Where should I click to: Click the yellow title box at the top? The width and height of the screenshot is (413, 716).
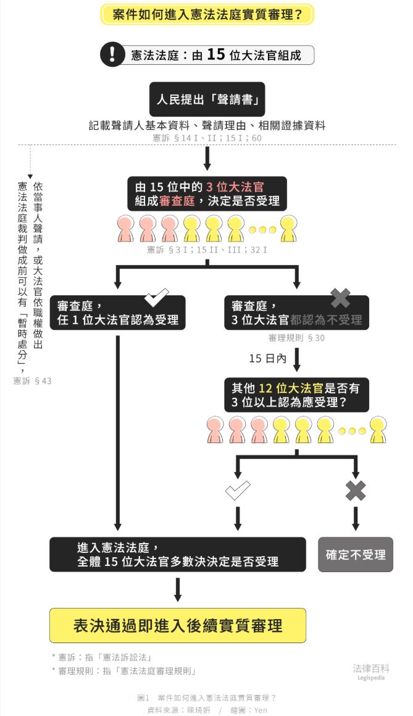coord(207,15)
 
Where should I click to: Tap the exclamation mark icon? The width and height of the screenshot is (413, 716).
coord(112,54)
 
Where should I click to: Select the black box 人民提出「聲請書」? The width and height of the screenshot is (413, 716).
coord(207,99)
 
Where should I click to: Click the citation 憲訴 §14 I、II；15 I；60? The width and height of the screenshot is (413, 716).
coord(207,138)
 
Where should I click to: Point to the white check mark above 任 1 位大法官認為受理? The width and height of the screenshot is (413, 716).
coord(157,298)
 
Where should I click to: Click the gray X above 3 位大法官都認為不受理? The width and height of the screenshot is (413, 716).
coord(340,298)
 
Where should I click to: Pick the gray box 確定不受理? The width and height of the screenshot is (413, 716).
coord(356,554)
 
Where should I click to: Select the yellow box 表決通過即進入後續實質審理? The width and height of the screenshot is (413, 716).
coord(178,625)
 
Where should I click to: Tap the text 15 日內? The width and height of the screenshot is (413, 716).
coord(268,358)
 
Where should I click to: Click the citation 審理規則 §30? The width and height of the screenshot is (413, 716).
coord(296,338)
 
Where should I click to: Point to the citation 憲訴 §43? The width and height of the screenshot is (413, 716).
coord(33,381)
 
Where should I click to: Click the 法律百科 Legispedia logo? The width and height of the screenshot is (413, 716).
coord(371,671)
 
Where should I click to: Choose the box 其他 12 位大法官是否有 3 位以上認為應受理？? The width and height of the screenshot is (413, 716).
coord(296,395)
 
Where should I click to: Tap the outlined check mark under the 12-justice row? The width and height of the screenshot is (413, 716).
coord(238,491)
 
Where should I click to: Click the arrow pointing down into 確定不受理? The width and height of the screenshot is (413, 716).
coord(356,519)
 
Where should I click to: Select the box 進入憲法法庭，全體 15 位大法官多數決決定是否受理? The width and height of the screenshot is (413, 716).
coord(178,554)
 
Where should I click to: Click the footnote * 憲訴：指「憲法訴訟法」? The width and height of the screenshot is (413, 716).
coord(102,657)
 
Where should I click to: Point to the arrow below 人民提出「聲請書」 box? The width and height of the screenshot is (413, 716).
coord(207,159)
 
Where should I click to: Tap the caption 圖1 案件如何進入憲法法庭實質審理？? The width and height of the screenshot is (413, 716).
coord(207,697)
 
